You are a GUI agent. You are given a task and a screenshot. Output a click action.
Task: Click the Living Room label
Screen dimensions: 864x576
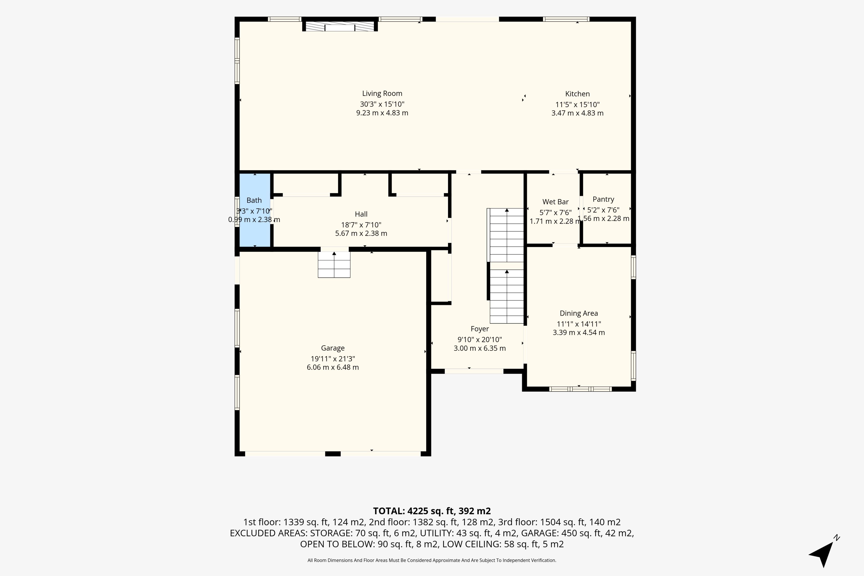382,94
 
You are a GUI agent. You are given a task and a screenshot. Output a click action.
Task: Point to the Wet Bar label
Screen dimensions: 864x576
556,202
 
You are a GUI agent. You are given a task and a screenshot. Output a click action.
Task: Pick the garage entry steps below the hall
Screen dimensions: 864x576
334,265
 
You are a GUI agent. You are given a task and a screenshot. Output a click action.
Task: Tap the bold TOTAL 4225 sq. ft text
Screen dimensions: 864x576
432,511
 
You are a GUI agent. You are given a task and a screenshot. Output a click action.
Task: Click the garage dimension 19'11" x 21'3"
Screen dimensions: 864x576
333,358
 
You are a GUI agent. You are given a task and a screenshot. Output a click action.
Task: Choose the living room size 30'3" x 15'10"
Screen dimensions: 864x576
382,104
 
